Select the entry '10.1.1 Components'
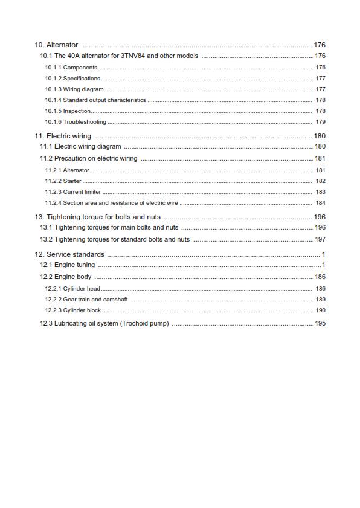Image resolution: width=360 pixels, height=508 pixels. click(x=71, y=68)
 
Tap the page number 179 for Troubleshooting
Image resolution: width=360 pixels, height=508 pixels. click(x=320, y=122)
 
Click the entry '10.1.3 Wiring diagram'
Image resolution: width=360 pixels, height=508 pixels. click(x=74, y=89)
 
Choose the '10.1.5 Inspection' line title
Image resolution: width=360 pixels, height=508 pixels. click(x=68, y=111)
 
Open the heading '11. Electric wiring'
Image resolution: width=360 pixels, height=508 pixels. click(x=63, y=137)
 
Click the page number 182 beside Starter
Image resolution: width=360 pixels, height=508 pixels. click(x=320, y=181)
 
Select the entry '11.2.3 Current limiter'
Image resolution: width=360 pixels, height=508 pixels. click(x=73, y=192)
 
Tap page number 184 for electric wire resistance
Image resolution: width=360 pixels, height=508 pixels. click(x=320, y=203)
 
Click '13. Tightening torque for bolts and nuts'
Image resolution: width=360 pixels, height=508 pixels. click(x=97, y=217)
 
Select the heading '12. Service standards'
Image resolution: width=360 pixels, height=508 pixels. click(x=69, y=255)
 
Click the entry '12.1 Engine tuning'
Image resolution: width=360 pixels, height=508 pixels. click(x=67, y=265)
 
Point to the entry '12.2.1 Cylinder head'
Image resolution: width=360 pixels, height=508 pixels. click(x=72, y=289)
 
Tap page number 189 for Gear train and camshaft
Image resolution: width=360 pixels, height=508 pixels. click(x=320, y=300)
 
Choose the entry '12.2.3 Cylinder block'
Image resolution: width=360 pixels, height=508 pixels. click(x=73, y=310)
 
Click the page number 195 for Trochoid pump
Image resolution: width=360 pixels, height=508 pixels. click(x=320, y=324)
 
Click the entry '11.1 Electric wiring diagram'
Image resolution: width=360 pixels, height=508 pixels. click(x=80, y=147)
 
